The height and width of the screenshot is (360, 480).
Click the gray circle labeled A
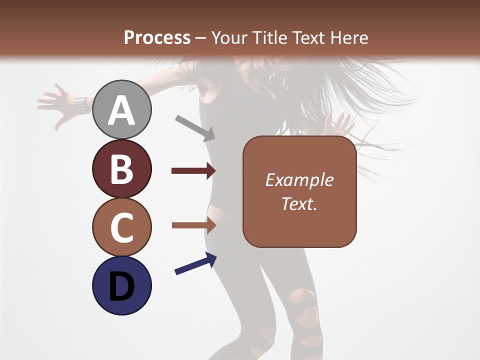tap(122, 109)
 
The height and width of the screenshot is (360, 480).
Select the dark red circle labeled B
tap(122, 168)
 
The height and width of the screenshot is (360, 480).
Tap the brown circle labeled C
tap(122, 227)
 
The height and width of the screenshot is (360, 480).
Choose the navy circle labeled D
tap(122, 285)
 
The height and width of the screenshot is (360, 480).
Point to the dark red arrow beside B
tap(193, 171)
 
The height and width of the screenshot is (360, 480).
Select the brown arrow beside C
tap(193, 225)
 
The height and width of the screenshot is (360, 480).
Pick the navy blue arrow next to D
tap(195, 264)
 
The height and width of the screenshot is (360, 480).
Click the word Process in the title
tap(157, 38)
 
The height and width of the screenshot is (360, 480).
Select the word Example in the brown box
tap(299, 180)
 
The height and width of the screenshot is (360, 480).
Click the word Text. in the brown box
tap(299, 203)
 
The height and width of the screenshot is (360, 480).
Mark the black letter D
tap(122, 287)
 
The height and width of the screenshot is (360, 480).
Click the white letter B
tap(122, 169)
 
